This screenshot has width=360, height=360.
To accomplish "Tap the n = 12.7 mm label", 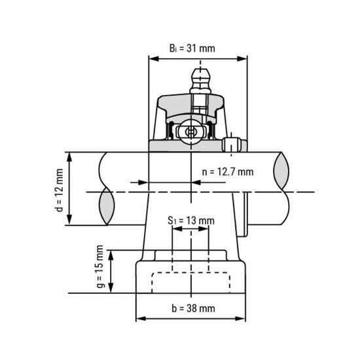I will pos(227,171).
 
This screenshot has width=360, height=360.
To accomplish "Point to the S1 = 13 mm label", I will pos(190,221).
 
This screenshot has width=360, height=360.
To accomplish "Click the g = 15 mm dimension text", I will pos(101,268).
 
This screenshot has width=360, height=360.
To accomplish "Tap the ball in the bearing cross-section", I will pos(190,132).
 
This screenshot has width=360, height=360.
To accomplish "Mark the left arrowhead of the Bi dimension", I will pos(153,58).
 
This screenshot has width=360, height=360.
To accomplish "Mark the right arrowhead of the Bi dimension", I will pos(245,58).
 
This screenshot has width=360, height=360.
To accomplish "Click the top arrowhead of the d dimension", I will pos(69,156).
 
